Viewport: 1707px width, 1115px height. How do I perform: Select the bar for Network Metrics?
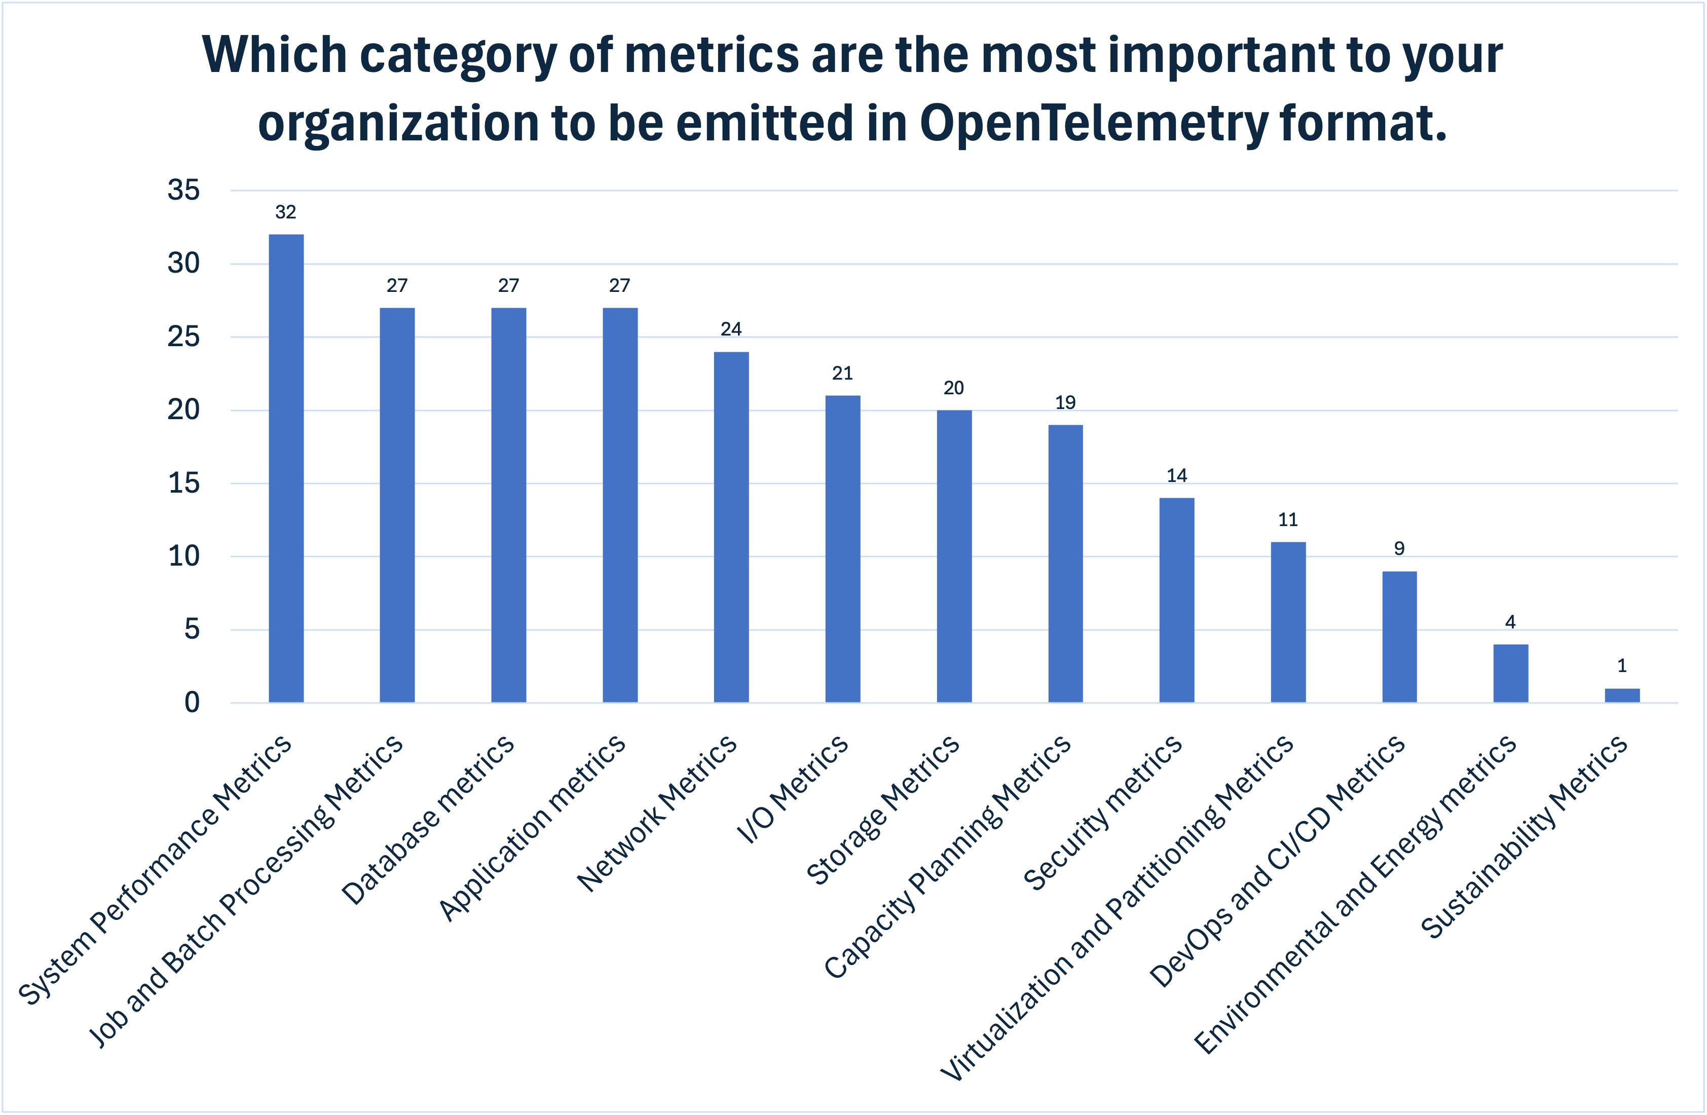click(x=731, y=527)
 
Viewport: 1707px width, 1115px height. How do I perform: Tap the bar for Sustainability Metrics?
click(x=1622, y=695)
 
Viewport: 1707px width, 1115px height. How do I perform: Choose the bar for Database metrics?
click(x=508, y=505)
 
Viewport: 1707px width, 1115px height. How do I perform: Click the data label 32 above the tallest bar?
click(x=285, y=212)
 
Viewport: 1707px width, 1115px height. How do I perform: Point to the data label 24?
click(x=731, y=329)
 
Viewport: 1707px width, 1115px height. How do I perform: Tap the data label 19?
click(x=1065, y=403)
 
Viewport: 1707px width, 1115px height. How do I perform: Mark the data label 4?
click(x=1510, y=622)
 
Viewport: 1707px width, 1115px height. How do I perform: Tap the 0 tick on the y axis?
click(x=192, y=702)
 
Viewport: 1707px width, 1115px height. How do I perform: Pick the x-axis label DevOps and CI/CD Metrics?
click(x=1277, y=861)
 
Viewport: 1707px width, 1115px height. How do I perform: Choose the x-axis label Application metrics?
click(x=532, y=828)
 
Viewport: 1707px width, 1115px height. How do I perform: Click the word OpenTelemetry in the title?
click(x=1093, y=123)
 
